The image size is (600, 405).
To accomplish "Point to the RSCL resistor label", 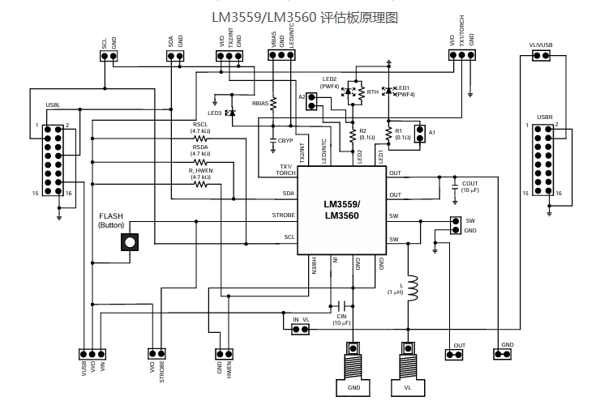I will [x=200, y=124].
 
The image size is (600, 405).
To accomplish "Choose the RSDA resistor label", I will [x=200, y=147].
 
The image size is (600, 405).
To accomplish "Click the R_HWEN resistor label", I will [x=200, y=170].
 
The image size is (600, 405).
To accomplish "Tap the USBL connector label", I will [x=54, y=105].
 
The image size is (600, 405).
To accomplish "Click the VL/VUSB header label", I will [x=541, y=45].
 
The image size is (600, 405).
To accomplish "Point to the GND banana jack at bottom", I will [x=354, y=388].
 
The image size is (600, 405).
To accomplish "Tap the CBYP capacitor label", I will [x=285, y=140].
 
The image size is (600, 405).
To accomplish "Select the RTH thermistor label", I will [x=373, y=93].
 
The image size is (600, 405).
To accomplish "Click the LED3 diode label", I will [x=215, y=113].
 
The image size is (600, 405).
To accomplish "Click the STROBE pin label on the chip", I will [x=283, y=215].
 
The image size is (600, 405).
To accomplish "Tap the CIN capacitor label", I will [x=341, y=317].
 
